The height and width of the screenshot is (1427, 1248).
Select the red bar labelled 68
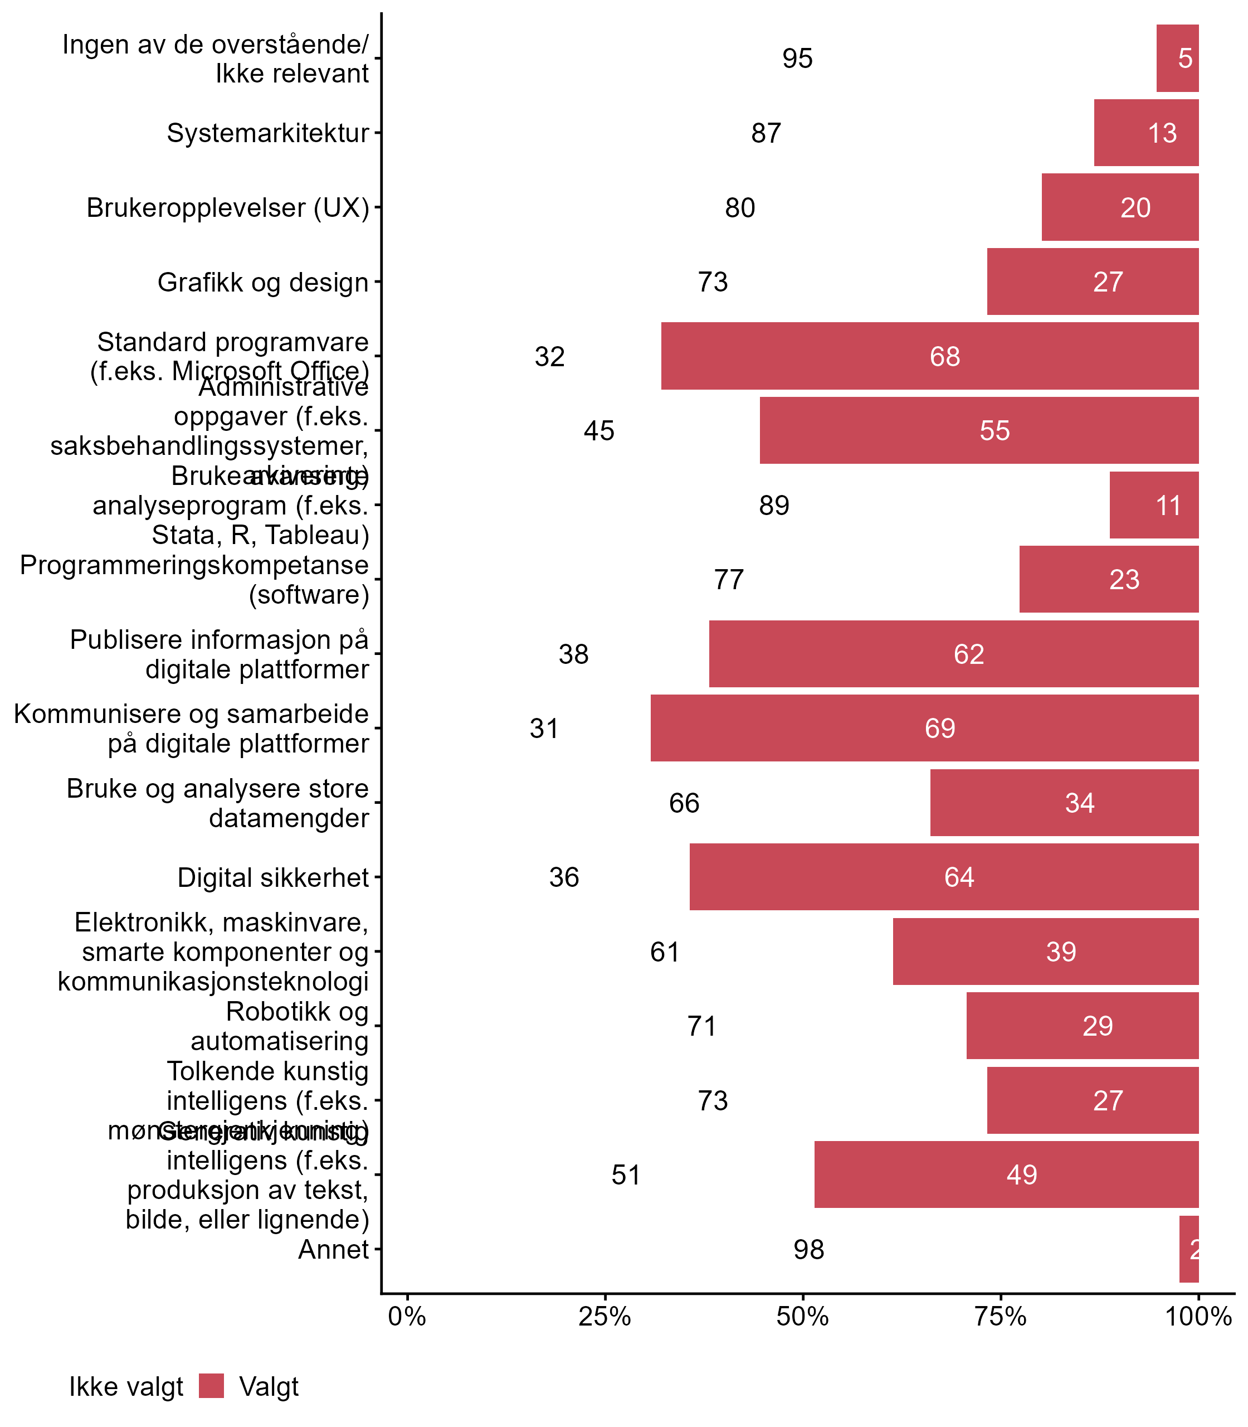pos(930,356)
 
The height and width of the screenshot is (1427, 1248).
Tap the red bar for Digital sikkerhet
pos(944,876)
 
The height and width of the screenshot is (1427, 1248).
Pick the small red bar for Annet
pos(1189,1249)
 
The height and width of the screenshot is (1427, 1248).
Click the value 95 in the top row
pos(797,59)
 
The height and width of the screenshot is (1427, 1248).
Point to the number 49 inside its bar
pos(1022,1175)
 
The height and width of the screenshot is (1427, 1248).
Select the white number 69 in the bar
pos(939,728)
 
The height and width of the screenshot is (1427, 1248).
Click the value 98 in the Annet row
pos(808,1250)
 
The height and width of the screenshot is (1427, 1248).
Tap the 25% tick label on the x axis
pos(604,1317)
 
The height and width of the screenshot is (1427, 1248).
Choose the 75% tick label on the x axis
pos(1000,1317)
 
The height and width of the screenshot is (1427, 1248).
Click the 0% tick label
pos(407,1317)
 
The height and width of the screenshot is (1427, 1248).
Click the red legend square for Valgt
pos(211,1386)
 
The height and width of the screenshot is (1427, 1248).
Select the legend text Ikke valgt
pos(126,1387)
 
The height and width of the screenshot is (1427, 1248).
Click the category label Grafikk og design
pos(262,282)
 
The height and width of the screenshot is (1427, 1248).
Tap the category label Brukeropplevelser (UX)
pos(228,207)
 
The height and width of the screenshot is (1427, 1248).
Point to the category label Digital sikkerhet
pos(273,877)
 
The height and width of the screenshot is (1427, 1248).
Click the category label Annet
pos(333,1250)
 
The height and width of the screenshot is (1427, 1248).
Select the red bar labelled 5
pos(1177,58)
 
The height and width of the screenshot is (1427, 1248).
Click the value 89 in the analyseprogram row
pos(774,505)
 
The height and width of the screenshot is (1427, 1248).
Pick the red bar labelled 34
pos(1064,803)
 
